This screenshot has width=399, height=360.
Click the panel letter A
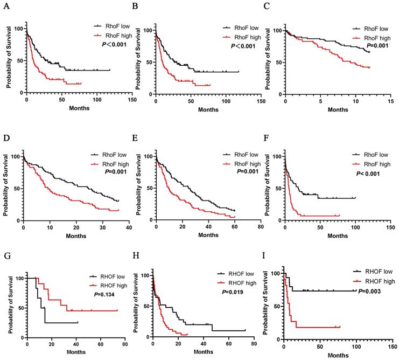point(5,5)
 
